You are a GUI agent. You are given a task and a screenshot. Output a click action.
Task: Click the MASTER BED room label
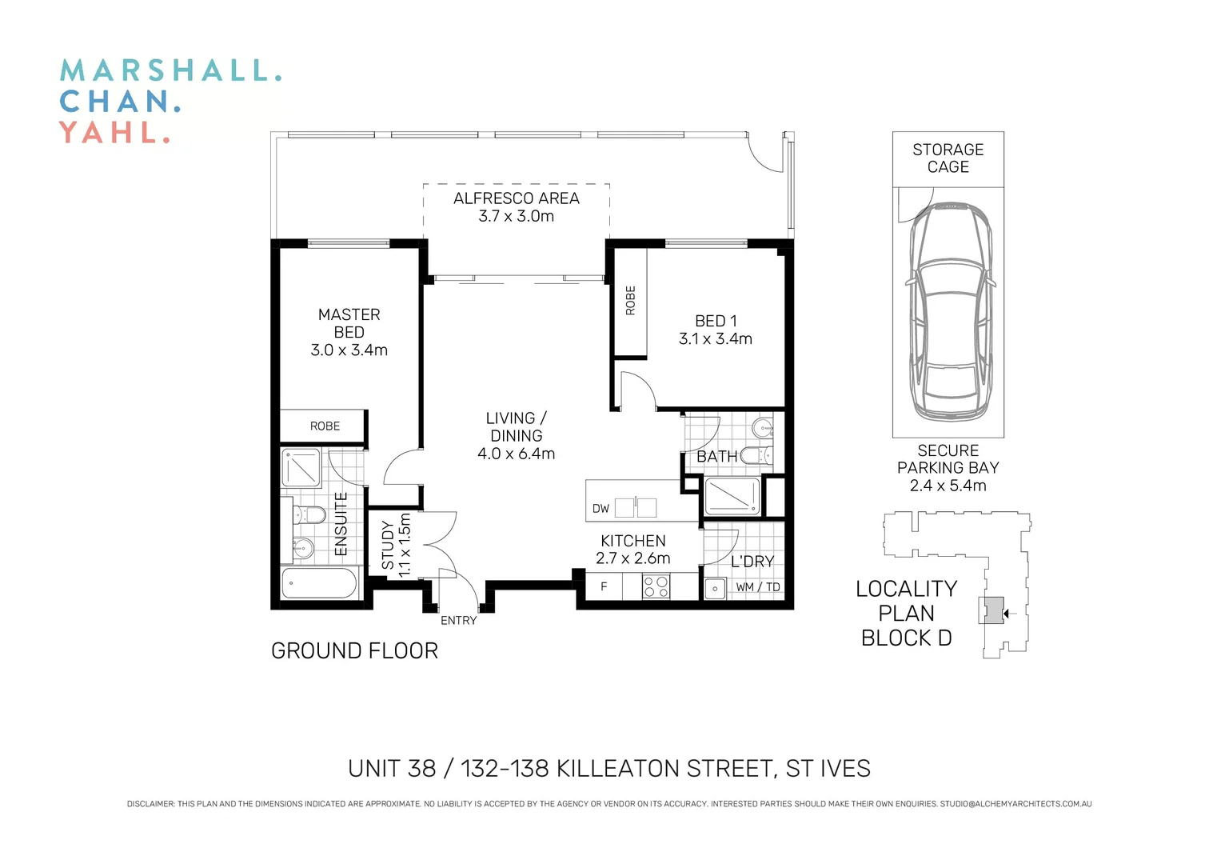click(349, 323)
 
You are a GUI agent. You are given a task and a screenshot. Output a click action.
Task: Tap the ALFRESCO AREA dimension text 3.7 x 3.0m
click(516, 216)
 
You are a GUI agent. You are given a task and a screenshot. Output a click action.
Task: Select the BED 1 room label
click(716, 321)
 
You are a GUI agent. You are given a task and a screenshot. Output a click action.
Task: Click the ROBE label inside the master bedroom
click(325, 426)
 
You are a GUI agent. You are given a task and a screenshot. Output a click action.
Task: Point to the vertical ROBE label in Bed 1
click(630, 300)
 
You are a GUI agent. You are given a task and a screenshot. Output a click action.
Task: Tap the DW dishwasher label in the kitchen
click(601, 509)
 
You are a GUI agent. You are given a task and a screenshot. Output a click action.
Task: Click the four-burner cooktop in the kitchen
click(656, 586)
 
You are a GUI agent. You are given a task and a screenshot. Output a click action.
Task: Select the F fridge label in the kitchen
click(604, 586)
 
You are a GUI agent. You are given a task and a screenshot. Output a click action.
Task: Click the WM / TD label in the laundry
click(757, 587)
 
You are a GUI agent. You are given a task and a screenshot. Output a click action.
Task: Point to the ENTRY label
click(458, 621)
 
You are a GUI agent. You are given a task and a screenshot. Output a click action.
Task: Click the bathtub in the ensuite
click(319, 583)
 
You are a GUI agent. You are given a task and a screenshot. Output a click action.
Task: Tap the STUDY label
click(388, 546)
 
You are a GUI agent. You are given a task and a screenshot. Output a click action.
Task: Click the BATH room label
click(716, 457)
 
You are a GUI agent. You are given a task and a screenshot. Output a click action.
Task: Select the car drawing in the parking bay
click(949, 312)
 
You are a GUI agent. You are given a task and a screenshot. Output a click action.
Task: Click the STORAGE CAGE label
click(948, 158)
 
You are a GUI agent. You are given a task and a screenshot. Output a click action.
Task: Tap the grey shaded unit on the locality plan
click(993, 611)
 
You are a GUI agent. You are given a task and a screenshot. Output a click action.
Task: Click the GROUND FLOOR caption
click(354, 651)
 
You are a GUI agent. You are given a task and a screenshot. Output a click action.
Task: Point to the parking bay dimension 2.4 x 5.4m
click(948, 486)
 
